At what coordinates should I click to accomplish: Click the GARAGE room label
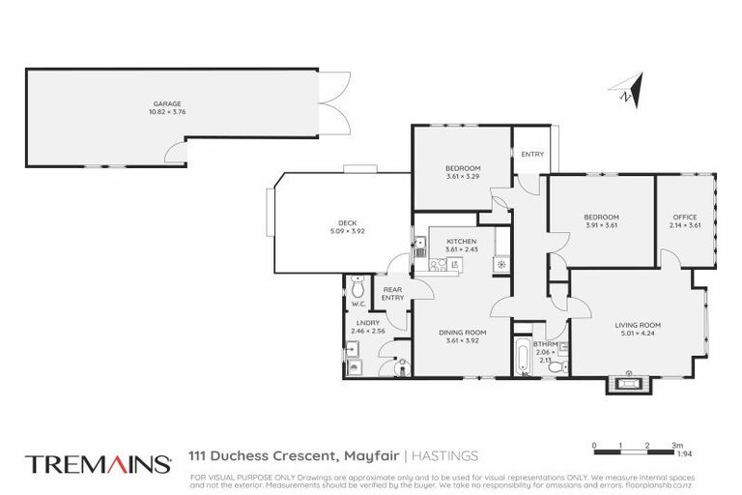166,103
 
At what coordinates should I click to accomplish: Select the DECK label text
333,222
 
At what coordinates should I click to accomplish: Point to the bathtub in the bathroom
523,357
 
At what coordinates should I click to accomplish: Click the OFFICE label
684,218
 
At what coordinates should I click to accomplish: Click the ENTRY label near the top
531,155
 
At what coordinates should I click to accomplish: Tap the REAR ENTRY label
392,294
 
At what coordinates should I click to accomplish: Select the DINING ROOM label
461,332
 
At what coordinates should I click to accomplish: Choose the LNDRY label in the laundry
367,322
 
